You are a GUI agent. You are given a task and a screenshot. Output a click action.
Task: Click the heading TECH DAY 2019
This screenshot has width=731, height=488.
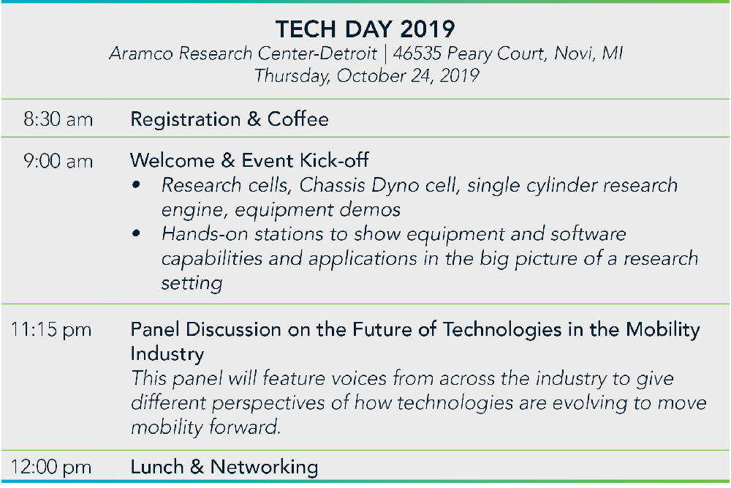coord(365,29)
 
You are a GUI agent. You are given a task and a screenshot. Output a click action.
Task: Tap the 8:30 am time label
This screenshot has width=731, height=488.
coord(58,119)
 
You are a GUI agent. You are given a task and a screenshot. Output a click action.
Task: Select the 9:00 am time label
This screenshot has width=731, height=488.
coord(58,162)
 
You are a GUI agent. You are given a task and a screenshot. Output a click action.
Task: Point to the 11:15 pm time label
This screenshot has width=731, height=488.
coord(51,330)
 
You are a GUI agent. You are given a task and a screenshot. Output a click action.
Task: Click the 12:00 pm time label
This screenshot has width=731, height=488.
coord(51,467)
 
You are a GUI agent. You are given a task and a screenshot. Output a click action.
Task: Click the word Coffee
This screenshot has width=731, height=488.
coord(298,119)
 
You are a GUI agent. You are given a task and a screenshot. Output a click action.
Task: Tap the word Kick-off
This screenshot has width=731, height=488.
coord(334,160)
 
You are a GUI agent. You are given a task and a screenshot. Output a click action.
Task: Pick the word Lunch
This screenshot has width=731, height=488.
coord(157,467)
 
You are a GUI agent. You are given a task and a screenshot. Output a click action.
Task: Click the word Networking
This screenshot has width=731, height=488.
coord(265,468)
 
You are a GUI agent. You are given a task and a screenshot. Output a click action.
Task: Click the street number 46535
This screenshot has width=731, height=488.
coord(417,53)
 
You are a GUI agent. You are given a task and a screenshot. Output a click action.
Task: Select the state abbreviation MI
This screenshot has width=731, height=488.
coord(612,53)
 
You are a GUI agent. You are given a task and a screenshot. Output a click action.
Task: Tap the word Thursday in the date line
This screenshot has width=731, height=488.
coord(292,76)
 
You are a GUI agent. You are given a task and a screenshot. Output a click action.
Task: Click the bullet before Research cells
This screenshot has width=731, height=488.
coord(136,185)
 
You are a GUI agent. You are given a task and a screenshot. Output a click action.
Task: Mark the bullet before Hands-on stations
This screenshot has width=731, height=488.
coord(136,233)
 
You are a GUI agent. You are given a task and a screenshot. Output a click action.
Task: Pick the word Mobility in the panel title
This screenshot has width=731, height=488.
coord(663,330)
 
